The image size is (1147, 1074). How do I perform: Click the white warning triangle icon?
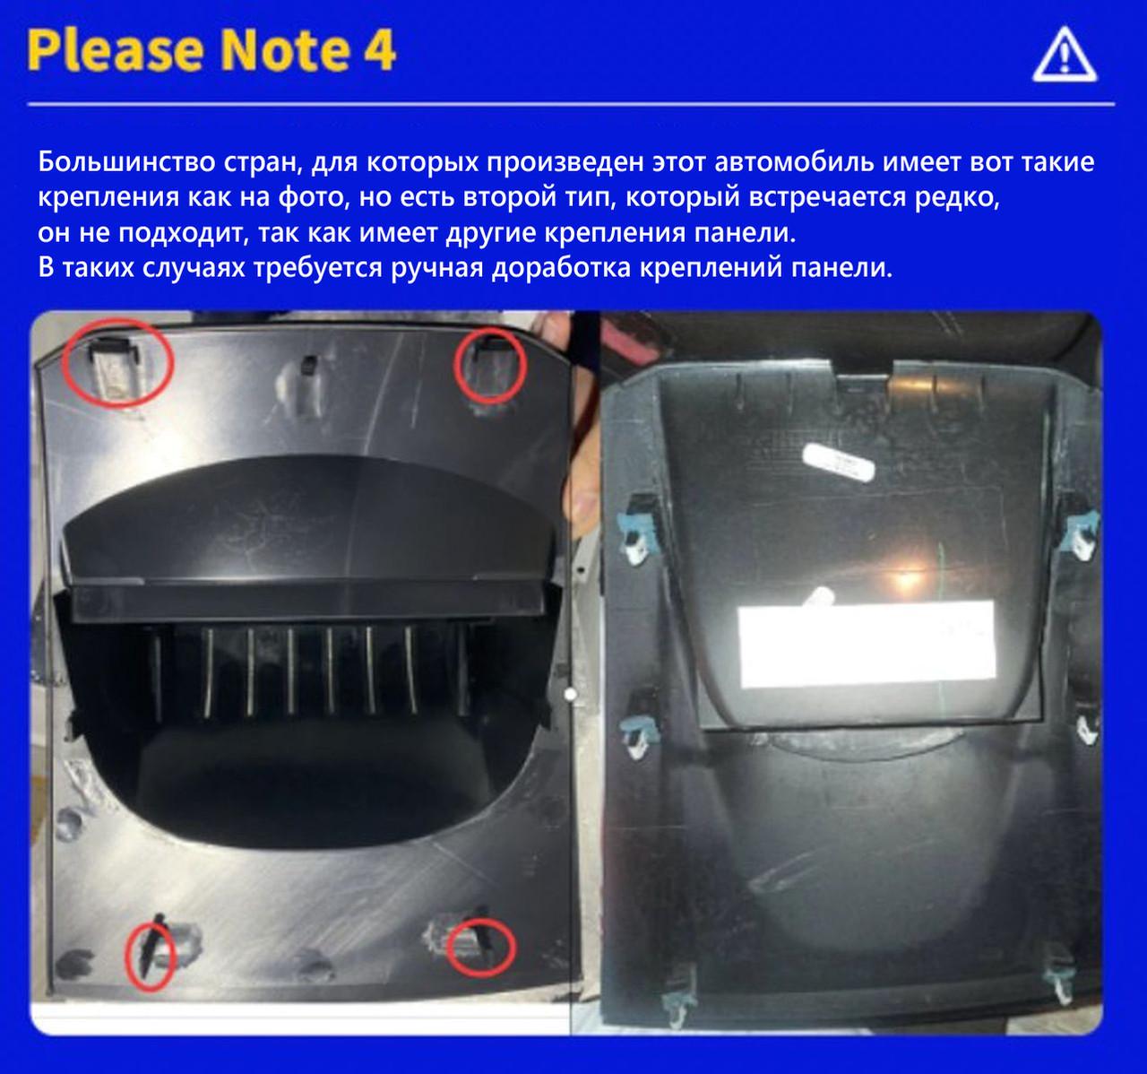[x=1065, y=55]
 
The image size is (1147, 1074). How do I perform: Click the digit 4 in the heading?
[x=379, y=49]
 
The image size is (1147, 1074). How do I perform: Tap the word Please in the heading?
[x=116, y=49]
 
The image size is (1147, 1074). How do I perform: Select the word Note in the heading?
[x=285, y=49]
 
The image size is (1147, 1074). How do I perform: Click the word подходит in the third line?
[x=184, y=233]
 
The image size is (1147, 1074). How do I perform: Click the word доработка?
[x=561, y=268]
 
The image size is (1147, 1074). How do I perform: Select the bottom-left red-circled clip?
[x=150, y=957]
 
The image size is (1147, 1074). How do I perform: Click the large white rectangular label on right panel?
[x=867, y=644]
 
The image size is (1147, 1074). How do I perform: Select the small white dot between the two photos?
[x=570, y=694]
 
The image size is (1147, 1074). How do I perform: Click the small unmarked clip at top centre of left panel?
[x=309, y=366]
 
